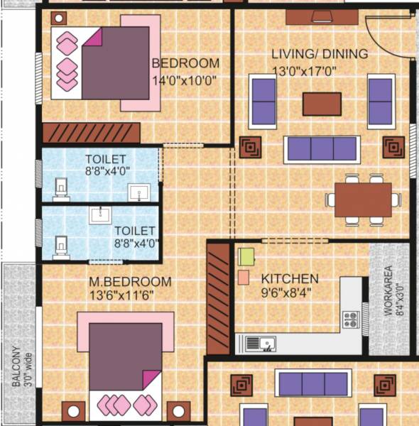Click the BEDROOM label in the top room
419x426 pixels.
pos(185,64)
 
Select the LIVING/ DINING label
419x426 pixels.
pos(320,54)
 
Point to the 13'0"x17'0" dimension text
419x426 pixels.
pos(304,71)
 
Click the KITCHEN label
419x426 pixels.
pos(290,279)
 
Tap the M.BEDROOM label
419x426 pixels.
pos(130,282)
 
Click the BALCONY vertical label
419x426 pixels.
pos(16,366)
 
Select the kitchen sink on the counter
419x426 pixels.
pos(261,344)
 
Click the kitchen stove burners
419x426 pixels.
pos(350,319)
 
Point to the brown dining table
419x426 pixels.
pos(363,200)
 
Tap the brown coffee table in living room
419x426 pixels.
pos(322,104)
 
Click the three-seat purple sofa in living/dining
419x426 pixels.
pos(320,149)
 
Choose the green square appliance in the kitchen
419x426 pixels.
pos(246,256)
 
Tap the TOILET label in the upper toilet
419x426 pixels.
pos(106,158)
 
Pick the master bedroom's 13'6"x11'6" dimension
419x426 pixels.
pos(121,295)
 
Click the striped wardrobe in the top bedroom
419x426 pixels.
pos(89,133)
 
